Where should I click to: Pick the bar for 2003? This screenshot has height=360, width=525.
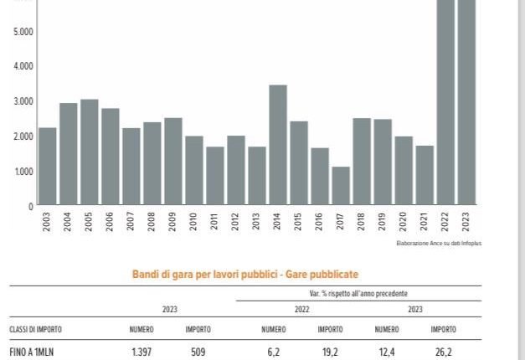(48, 167)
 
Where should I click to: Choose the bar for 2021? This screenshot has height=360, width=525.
(425, 176)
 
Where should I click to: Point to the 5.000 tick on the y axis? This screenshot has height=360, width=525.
(23, 32)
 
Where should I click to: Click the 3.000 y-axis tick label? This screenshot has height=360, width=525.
(23, 101)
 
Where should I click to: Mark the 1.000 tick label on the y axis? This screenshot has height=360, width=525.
(23, 171)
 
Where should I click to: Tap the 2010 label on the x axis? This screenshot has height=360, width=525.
(194, 222)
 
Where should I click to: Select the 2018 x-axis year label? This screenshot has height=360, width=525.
(362, 222)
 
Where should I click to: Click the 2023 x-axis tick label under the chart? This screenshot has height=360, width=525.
(466, 222)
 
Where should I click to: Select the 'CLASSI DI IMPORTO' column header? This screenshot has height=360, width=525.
(35, 330)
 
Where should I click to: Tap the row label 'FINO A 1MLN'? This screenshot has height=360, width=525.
(32, 352)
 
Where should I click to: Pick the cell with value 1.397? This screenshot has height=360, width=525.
(141, 352)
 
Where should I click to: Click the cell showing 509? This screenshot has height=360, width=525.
(198, 352)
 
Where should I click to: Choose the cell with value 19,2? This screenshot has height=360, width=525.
(330, 352)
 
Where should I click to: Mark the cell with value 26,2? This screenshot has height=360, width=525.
(443, 352)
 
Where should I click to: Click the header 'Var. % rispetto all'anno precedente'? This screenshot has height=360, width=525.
(358, 295)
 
